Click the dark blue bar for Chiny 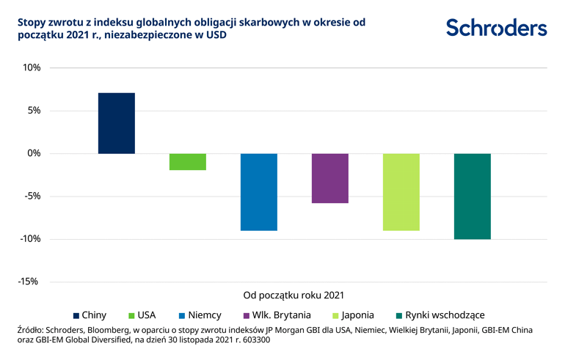[x=117, y=123]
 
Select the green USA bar [x=188, y=161]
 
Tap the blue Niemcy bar [x=259, y=192]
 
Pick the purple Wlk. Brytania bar [x=330, y=178]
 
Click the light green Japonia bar [x=401, y=192]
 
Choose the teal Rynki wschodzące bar [x=473, y=196]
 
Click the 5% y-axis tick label [x=32, y=111]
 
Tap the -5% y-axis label [x=31, y=196]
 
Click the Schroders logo [x=496, y=28]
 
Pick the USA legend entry [x=141, y=315]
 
